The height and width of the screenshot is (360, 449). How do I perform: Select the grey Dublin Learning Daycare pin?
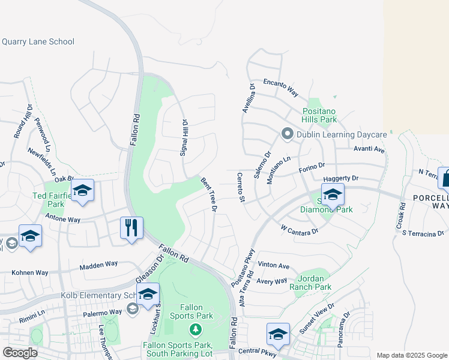tap(287, 134)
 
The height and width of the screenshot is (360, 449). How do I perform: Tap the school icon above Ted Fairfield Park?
tap(82, 191)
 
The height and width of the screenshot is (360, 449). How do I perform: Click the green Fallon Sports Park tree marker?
tap(194, 329)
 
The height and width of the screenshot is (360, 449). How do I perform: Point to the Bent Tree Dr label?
tap(208, 193)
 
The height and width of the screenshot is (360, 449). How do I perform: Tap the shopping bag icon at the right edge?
tap(445, 178)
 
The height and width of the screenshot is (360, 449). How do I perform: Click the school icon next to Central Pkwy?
tap(278, 335)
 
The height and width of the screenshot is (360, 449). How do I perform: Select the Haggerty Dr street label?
tap(340, 178)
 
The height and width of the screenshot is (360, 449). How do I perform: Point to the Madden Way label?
tap(98, 264)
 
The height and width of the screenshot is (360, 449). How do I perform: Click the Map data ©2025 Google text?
tap(411, 355)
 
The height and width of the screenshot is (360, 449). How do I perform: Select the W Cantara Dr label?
tap(299, 229)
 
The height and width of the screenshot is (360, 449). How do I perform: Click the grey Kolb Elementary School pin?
tap(133, 308)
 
